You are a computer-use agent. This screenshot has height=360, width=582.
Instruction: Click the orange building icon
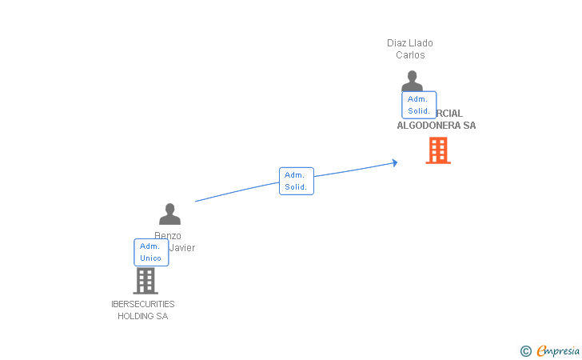pyautogui.click(x=437, y=150)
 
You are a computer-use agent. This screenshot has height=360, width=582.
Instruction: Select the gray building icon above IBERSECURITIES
pyautogui.click(x=145, y=281)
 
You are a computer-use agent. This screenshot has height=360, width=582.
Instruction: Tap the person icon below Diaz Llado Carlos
pyautogui.click(x=412, y=81)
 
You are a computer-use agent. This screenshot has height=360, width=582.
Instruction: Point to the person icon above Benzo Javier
pyautogui.click(x=169, y=214)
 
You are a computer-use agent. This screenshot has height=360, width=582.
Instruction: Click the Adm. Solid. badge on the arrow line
pyautogui.click(x=296, y=181)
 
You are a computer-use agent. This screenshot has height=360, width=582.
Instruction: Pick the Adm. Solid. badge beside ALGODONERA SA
pyautogui.click(x=419, y=105)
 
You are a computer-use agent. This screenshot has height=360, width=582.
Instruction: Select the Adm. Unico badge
pyautogui.click(x=151, y=252)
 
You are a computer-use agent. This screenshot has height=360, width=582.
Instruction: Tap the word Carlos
pyautogui.click(x=410, y=55)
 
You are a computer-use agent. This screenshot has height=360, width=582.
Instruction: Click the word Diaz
pyautogui.click(x=397, y=43)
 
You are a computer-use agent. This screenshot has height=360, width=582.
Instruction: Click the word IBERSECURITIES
pyautogui.click(x=143, y=304)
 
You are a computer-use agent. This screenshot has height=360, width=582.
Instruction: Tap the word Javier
pyautogui.click(x=182, y=248)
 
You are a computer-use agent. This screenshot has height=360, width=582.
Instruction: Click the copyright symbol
pyautogui.click(x=525, y=350)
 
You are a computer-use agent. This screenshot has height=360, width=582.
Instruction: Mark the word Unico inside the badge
pyautogui.click(x=151, y=258)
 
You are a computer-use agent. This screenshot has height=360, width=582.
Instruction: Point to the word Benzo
pyautogui.click(x=168, y=236)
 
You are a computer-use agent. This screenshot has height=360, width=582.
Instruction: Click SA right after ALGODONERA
pyautogui.click(x=469, y=126)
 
